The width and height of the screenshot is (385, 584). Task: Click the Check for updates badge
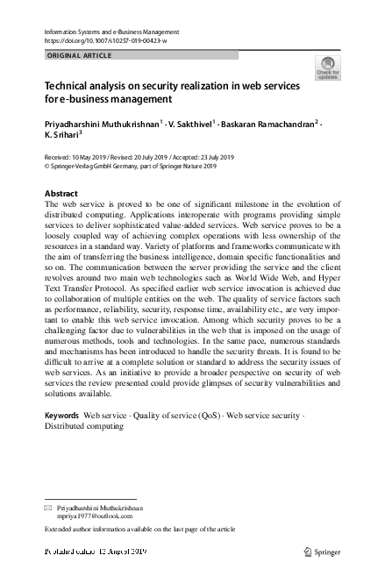(328, 68)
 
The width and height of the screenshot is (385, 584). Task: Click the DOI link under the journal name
(104, 41)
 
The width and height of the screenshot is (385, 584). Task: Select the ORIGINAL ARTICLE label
(78, 56)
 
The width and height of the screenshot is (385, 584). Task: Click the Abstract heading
(62, 192)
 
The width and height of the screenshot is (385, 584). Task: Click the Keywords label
(61, 414)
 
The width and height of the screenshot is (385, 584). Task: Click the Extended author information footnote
(140, 531)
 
